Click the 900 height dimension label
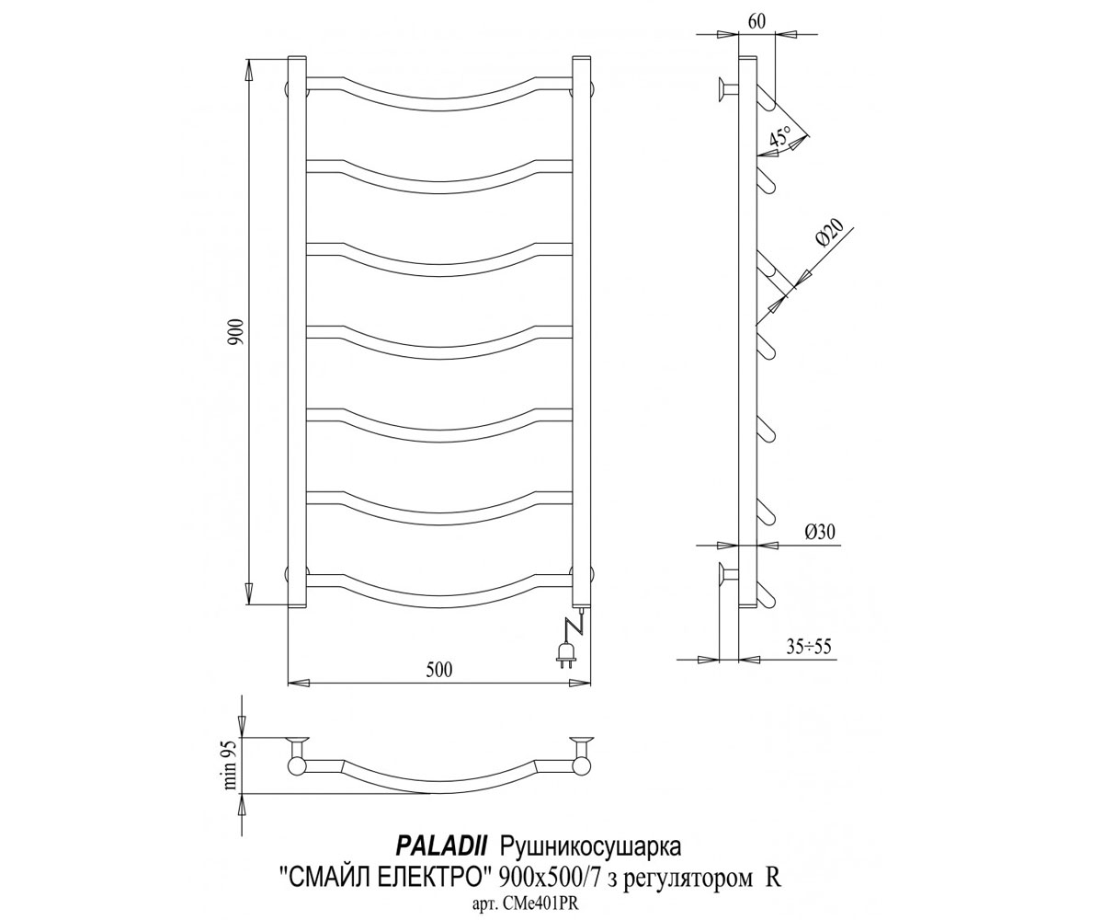pos(236,332)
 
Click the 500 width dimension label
pos(439,670)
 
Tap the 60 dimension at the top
pos(756,20)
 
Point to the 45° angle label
pos(780,135)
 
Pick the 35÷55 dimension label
pos(808,646)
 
